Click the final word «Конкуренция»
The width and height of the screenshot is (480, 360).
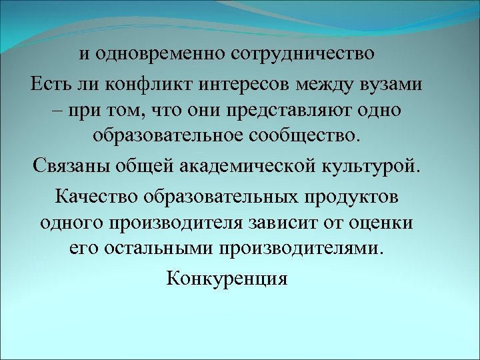click(227, 277)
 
